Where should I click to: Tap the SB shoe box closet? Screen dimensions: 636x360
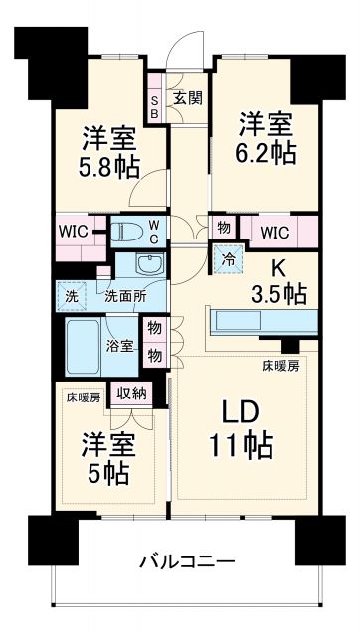coord(155,104)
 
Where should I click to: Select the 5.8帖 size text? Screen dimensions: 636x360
coord(108,167)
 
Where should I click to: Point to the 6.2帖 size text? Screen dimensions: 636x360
coord(267,153)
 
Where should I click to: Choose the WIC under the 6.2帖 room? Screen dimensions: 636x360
coord(276,232)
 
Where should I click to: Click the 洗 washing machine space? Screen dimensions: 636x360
coord(72,296)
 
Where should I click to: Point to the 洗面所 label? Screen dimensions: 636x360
coord(125,296)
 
